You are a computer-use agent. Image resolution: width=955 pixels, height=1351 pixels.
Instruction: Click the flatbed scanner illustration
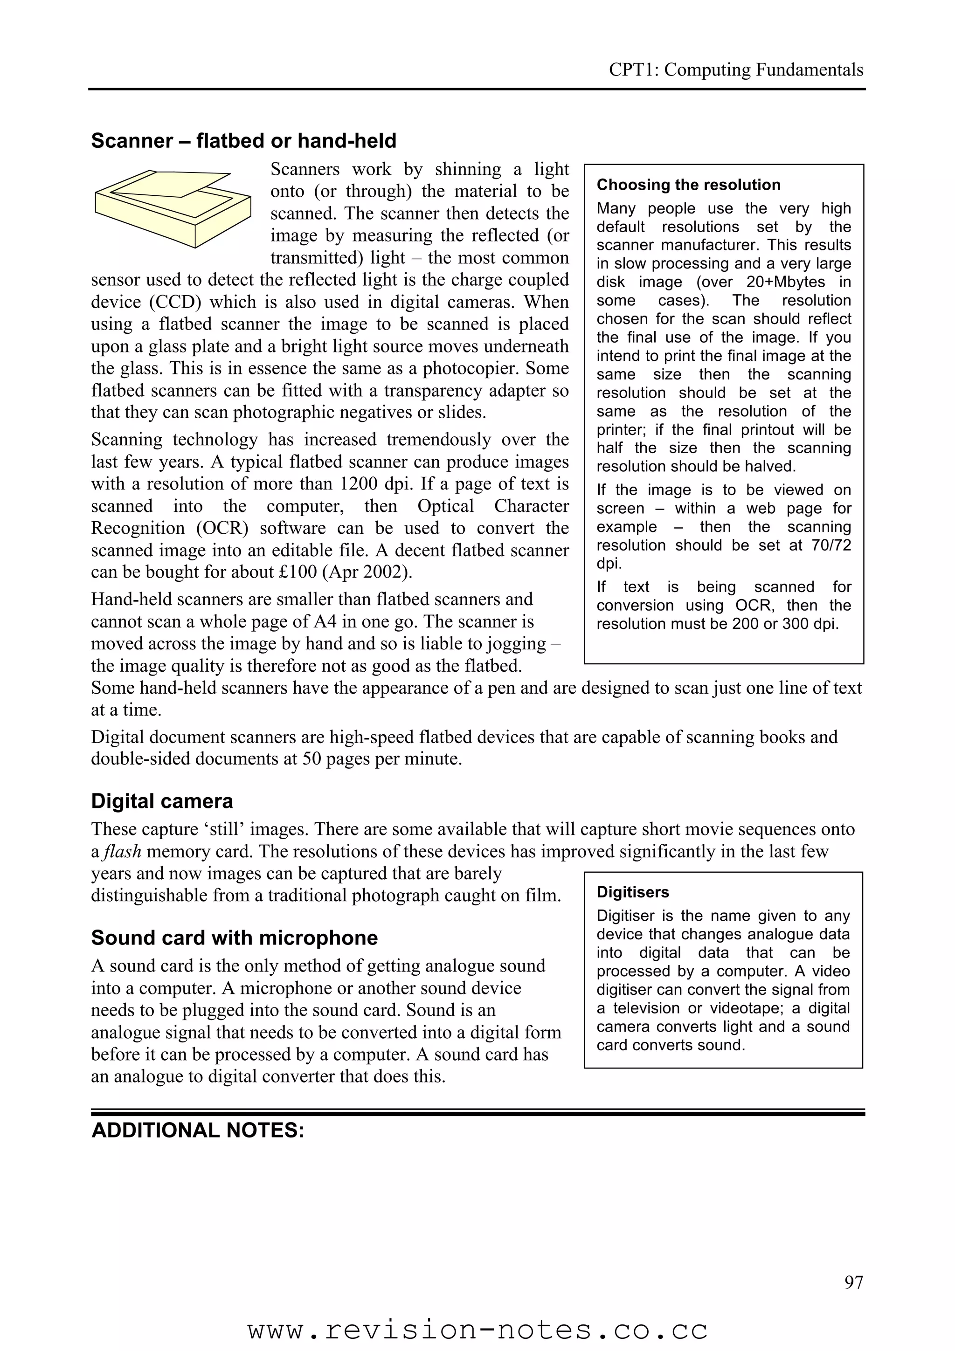pos(173,208)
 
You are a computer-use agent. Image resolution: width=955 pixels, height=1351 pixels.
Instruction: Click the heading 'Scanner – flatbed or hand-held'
pos(243,141)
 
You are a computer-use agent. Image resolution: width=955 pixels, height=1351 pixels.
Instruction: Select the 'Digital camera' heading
pos(162,801)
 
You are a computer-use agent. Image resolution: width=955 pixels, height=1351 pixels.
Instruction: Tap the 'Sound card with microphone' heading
pos(234,937)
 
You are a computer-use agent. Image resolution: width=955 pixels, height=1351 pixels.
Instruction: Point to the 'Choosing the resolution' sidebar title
pos(688,185)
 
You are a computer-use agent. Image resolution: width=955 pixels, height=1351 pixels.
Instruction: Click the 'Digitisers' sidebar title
pos(633,892)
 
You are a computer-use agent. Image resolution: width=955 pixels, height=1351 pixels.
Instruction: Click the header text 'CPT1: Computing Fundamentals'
pos(735,70)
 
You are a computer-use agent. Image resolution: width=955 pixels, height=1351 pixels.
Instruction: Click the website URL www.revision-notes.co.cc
pos(477,1329)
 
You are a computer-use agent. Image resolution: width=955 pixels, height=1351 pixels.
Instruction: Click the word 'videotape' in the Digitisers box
pos(746,1008)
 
